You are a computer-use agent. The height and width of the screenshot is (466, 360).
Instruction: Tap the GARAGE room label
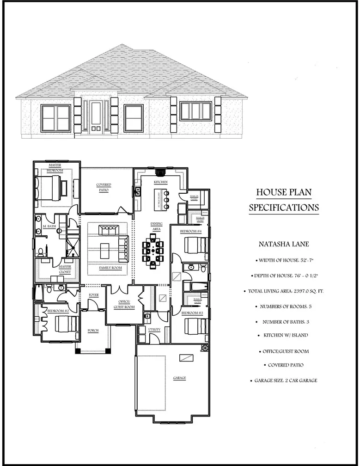[x=179, y=378]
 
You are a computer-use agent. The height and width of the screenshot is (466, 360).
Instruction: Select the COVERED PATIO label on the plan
[x=104, y=187]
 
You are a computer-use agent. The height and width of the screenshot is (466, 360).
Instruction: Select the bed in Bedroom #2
[x=61, y=324]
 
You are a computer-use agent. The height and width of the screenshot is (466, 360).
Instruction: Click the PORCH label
[x=93, y=331]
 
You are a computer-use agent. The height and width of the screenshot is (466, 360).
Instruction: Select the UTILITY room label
[x=154, y=329]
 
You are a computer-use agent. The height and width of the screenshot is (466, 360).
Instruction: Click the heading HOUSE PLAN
[x=284, y=192]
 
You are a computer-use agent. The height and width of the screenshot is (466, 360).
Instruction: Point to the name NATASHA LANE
[x=283, y=244]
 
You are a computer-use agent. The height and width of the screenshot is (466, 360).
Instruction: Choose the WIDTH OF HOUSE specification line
[x=283, y=260]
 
